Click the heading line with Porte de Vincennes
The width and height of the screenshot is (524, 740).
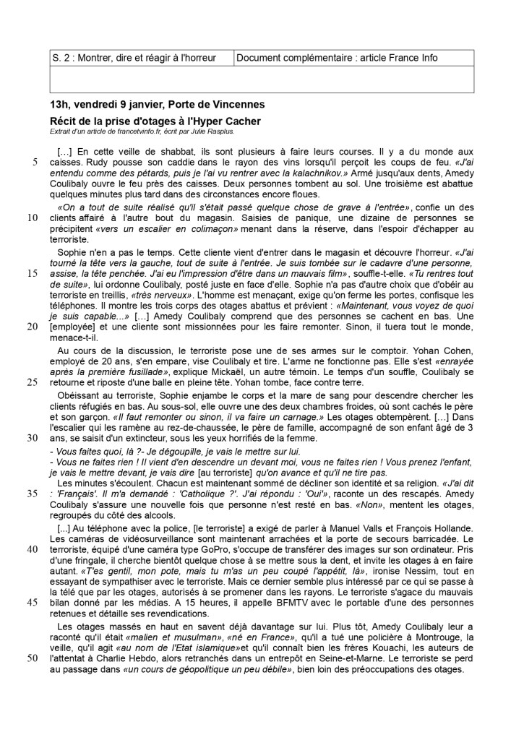click(153, 106)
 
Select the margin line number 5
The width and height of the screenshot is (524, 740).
click(34, 163)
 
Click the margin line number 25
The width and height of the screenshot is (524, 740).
click(33, 382)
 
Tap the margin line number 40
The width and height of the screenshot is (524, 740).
click(33, 548)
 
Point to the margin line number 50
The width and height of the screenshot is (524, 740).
click(33, 658)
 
